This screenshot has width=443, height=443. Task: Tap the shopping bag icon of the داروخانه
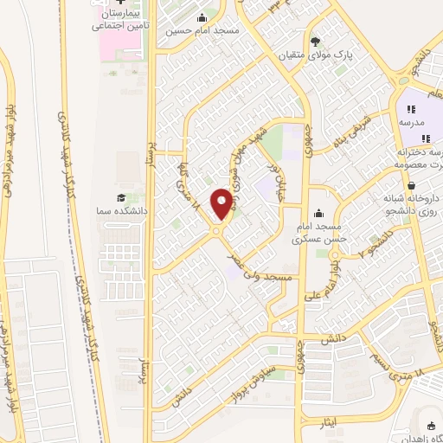pos(411,185)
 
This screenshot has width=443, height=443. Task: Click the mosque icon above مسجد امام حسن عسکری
pos(318,214)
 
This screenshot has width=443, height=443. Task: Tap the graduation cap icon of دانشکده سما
pos(121,199)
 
